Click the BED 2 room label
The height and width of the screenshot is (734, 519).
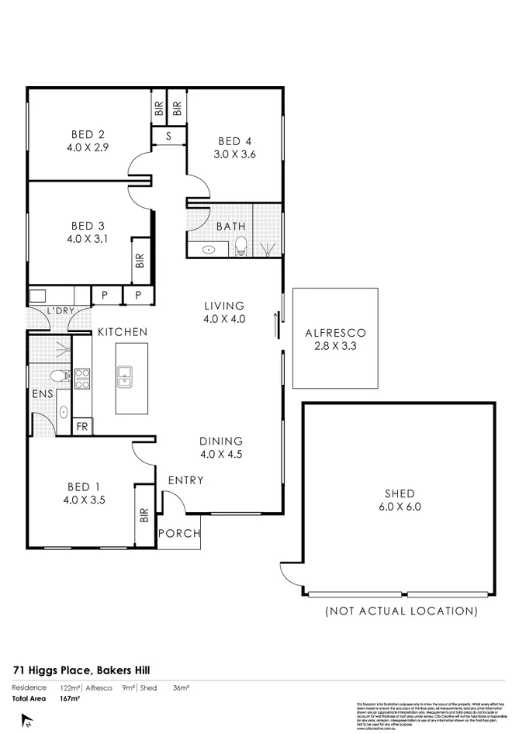pos(86,131)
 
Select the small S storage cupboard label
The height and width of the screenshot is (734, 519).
pos(168,136)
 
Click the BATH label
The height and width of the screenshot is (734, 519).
pos(230,227)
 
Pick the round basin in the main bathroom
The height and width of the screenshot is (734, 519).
pos(208,250)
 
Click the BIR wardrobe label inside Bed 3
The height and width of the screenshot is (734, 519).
pos(140,261)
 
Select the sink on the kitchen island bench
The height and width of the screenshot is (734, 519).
pos(125,378)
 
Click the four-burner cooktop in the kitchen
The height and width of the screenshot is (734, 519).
pos(81,379)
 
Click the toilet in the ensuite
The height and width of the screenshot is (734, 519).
pos(57,376)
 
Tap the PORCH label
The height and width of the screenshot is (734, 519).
pos(179,534)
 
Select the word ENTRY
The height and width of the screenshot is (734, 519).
pos(186,480)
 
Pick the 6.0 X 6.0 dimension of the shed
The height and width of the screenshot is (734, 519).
pos(399,507)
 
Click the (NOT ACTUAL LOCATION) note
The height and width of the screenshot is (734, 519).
pos(400,611)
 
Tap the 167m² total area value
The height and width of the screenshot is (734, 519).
pos(71,698)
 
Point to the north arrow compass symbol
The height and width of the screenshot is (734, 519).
pos(28,721)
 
